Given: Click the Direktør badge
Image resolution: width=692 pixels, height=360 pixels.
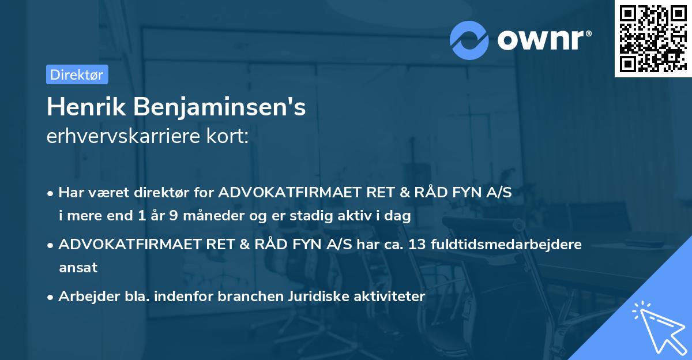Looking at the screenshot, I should [77, 74].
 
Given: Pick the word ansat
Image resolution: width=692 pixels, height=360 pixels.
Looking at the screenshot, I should [78, 267].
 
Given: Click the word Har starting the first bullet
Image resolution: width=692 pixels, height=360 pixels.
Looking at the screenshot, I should [70, 193].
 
